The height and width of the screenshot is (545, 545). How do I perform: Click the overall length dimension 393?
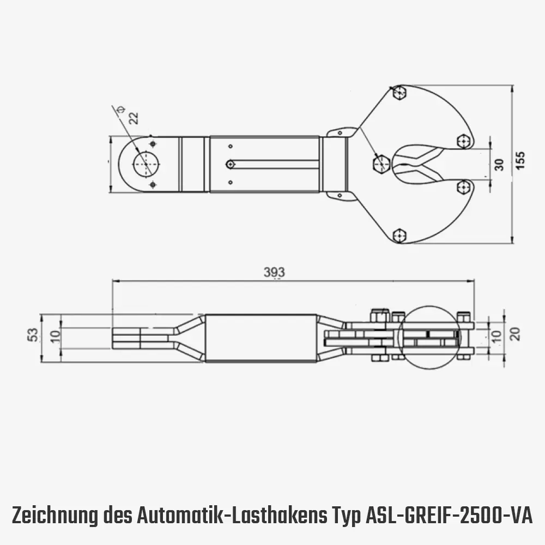click(x=275, y=272)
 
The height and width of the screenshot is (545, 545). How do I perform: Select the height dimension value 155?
click(x=520, y=161)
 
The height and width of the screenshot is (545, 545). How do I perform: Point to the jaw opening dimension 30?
click(x=498, y=165)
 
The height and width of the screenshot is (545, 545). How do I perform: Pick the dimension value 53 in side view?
click(x=33, y=334)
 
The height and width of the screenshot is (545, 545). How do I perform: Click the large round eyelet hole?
click(x=146, y=163)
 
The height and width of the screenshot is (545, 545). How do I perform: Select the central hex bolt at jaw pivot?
click(x=381, y=163)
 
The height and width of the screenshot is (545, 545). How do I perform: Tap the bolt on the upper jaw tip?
click(x=464, y=142)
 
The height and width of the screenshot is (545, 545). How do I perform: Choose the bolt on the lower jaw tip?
click(x=463, y=187)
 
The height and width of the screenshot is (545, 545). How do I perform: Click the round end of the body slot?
click(x=231, y=164)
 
